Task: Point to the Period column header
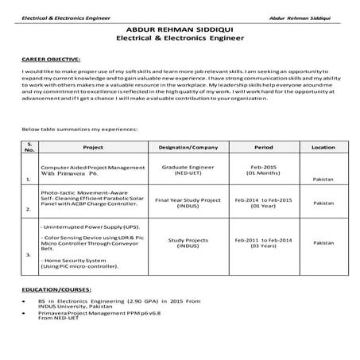[x=263, y=147]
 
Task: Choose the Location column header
[x=323, y=147]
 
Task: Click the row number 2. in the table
[x=29, y=208]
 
